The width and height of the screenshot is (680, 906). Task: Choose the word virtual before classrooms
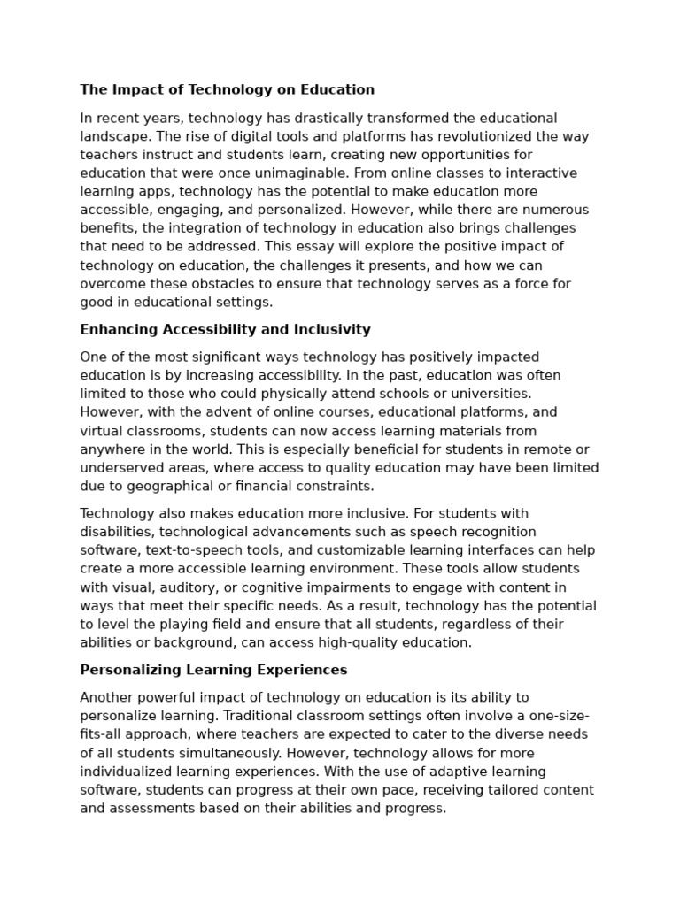[x=101, y=431]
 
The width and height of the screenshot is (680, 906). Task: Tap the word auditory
[x=190, y=587]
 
